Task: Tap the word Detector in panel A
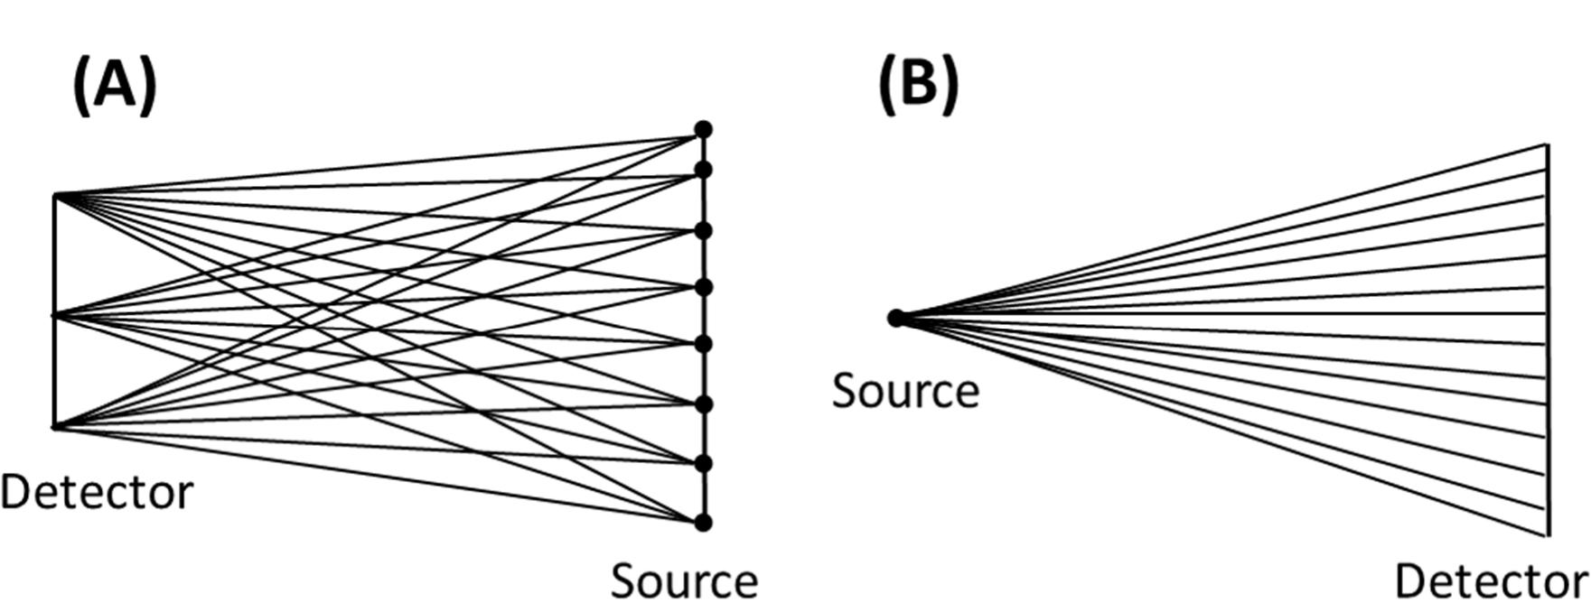pos(97,493)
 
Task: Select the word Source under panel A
pos(684,581)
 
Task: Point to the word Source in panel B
pos(905,392)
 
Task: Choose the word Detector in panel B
pos(1491,581)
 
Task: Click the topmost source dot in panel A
pos(703,130)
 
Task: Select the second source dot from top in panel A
pos(703,170)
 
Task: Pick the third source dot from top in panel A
pos(703,230)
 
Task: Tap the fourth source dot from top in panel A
pos(703,287)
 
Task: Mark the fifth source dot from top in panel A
pos(703,344)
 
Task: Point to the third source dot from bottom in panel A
pos(703,403)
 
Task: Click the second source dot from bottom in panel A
pos(703,463)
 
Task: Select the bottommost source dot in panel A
pos(703,522)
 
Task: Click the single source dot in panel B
pos(896,318)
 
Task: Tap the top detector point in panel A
pos(55,195)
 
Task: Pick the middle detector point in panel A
pos(55,315)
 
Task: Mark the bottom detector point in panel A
pos(55,427)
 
